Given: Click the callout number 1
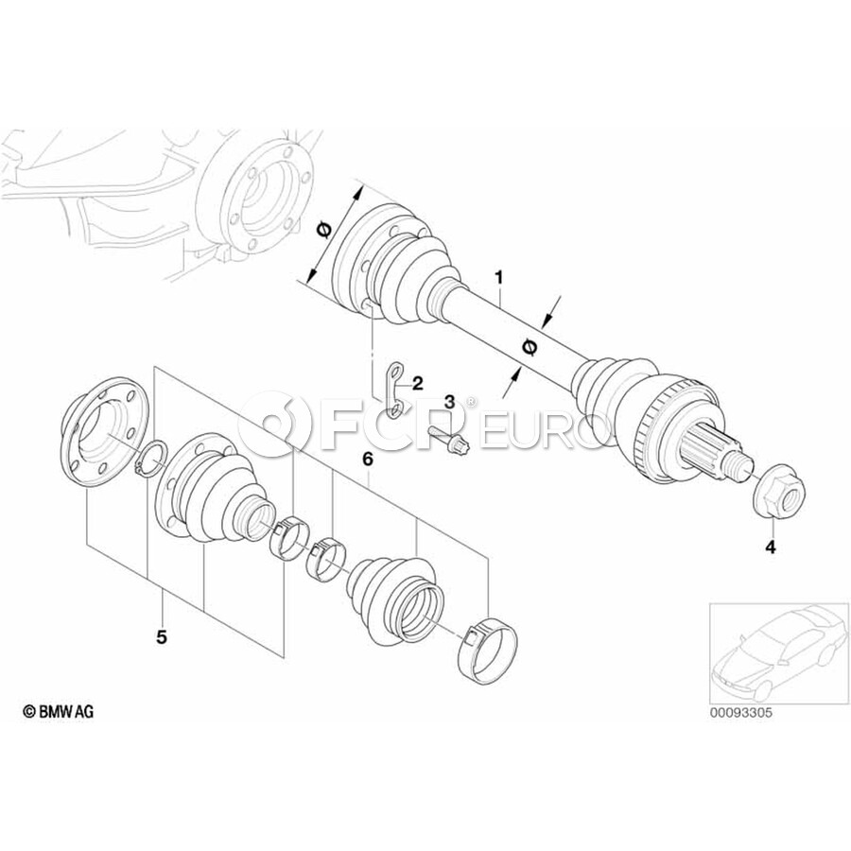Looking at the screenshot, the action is click(x=498, y=278).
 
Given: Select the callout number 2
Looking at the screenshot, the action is click(x=417, y=384).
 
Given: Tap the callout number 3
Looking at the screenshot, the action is click(x=450, y=402).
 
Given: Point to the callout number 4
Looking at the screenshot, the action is click(x=771, y=548).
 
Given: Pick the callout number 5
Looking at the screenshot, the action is click(x=162, y=636).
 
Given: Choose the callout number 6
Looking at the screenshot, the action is click(x=368, y=460).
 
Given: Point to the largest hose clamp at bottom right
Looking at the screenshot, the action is click(x=488, y=651).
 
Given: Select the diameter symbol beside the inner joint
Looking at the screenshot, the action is click(x=323, y=230).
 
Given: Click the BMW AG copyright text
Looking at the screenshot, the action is click(x=58, y=711).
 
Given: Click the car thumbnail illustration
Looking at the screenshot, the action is click(x=778, y=652).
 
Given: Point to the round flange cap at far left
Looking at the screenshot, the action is click(x=101, y=427).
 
